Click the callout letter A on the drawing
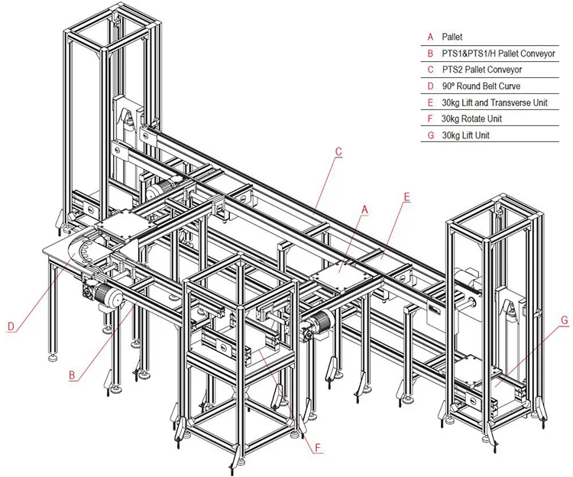point(364,208)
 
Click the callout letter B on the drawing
point(71,375)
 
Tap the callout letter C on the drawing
point(338,151)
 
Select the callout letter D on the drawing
point(11,326)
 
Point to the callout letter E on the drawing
point(406,196)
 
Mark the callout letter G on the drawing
point(565,320)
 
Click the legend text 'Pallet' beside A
point(452,37)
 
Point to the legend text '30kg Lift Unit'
point(465,136)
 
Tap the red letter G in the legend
point(430,136)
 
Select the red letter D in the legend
point(430,86)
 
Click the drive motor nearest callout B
point(109,297)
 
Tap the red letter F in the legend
point(430,119)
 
